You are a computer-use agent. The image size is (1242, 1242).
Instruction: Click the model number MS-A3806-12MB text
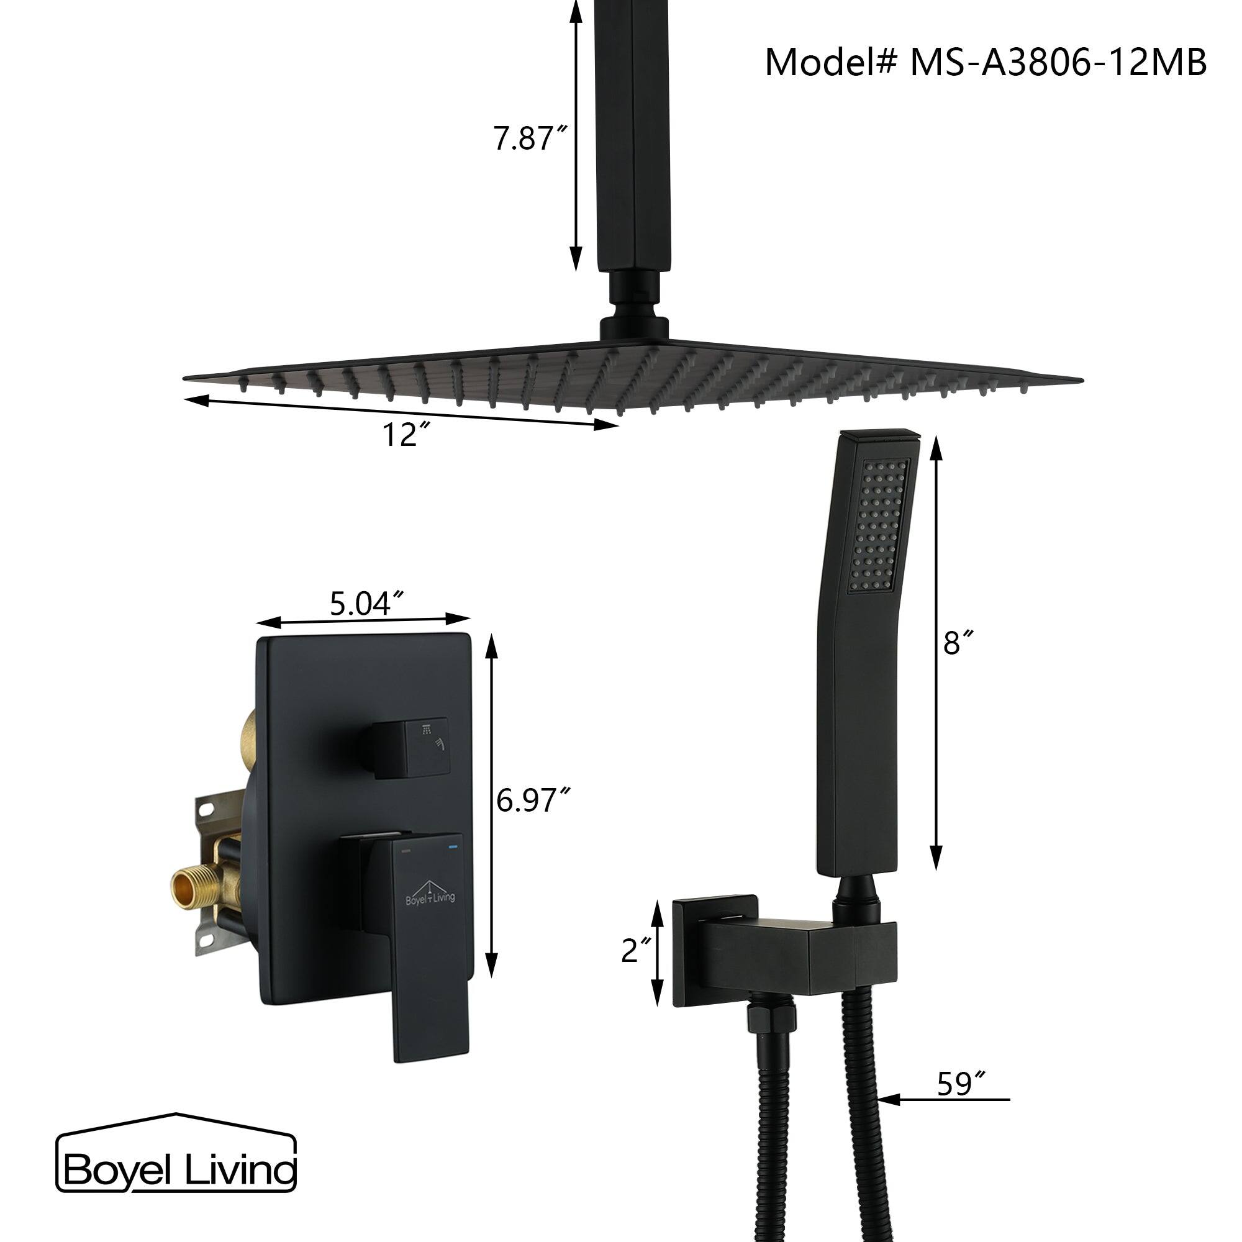coord(985,63)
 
